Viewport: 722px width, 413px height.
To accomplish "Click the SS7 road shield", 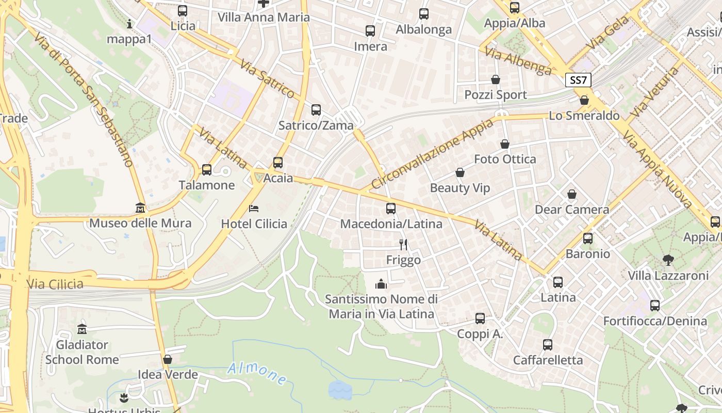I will [x=578, y=80].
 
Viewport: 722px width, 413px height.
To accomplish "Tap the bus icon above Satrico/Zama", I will [x=316, y=110].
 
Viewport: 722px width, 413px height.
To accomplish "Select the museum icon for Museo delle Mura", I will [x=140, y=208].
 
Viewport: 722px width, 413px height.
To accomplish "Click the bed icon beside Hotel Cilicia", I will [x=254, y=209].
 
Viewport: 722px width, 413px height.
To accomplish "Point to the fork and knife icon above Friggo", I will [x=403, y=244].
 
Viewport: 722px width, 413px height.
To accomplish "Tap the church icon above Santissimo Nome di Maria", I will [x=381, y=284].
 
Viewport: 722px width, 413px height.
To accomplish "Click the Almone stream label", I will [x=257, y=373].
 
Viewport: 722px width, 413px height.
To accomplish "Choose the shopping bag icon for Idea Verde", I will [x=167, y=359].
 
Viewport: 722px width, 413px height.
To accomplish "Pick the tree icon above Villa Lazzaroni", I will [x=668, y=260].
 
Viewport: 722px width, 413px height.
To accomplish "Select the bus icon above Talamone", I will [x=207, y=169].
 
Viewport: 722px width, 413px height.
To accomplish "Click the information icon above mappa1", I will [x=129, y=24].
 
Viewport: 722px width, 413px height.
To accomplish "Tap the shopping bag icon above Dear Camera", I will [x=571, y=194].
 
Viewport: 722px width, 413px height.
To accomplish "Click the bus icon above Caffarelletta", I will [x=548, y=344].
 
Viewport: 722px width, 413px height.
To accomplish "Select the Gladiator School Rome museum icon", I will [x=81, y=329].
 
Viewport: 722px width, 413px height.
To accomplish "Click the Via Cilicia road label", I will [x=55, y=284].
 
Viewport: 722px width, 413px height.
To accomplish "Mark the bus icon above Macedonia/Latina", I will [x=391, y=209].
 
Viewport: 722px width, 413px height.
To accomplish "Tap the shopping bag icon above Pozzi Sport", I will [x=496, y=80].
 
